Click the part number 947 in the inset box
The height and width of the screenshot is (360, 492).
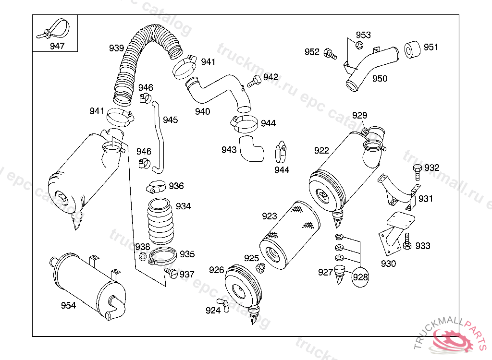pos(57,47)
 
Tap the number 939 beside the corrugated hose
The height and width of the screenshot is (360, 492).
pos(116,48)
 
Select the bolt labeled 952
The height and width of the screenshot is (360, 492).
pos(329,52)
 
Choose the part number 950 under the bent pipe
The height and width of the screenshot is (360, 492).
pos(380,78)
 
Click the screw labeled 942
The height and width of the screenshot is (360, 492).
pos(254,81)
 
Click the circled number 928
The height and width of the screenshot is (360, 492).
pos(360,277)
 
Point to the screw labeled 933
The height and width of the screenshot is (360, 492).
pos(407,242)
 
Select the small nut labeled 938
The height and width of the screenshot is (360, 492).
pos(143,256)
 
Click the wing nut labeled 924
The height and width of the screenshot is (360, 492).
pos(223,303)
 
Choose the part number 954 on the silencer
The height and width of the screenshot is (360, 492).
pos(68,306)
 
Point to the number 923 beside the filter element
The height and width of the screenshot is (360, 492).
pos(270,216)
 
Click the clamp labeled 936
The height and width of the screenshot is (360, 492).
pos(156,185)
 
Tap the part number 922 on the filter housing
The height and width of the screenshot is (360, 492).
pos(321,150)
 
